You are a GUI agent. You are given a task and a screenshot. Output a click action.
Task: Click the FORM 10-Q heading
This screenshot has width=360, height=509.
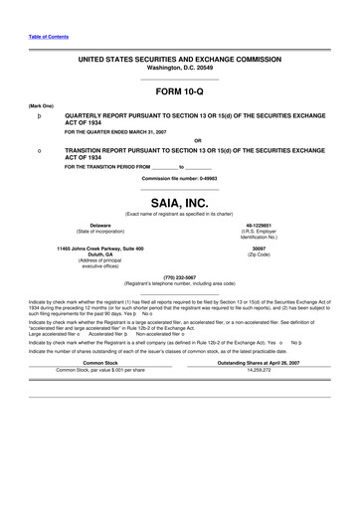pyautogui.click(x=179, y=89)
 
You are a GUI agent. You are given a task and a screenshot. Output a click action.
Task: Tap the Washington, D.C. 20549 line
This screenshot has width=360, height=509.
pyautogui.click(x=179, y=68)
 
